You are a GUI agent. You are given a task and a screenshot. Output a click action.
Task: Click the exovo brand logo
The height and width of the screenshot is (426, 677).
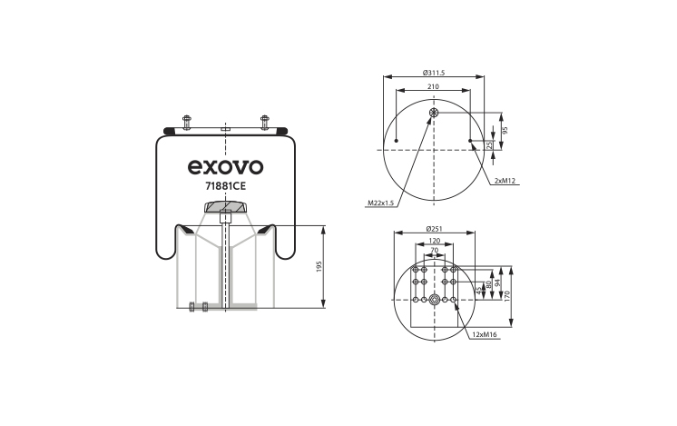225,167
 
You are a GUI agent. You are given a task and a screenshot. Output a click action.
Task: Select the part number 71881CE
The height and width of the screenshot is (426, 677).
225,186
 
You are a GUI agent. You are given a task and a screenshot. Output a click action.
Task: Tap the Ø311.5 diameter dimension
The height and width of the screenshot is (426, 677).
434,73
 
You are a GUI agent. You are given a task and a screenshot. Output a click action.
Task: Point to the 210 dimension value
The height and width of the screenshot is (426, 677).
433,86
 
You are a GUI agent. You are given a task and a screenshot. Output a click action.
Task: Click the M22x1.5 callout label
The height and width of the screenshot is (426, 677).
381,203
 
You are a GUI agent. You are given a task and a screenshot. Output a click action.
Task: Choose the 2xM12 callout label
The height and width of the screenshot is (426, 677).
505,181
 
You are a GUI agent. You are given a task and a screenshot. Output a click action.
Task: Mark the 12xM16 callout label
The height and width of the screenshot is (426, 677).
484,334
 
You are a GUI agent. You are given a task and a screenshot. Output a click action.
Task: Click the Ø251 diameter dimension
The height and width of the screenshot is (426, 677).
434,228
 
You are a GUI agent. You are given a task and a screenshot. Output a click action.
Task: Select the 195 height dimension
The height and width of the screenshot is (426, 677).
319,266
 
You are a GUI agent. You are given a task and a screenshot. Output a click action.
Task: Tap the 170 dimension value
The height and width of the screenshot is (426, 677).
507,295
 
